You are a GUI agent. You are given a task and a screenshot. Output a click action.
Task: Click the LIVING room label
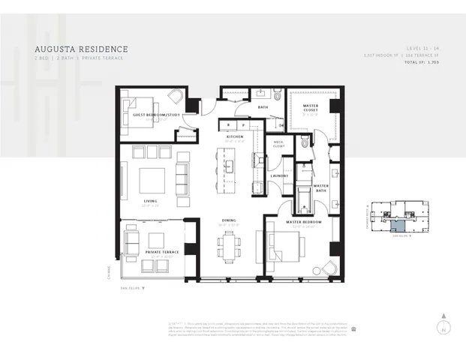(150, 201)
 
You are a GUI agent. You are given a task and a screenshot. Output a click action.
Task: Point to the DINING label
(229, 220)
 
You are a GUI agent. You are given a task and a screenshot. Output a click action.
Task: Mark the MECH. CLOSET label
(278, 145)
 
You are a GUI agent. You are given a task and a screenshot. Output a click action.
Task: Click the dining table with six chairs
(230, 247)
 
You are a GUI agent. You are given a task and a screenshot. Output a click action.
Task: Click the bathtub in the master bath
(302, 200)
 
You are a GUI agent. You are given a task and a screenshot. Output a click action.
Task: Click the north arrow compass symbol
(444, 325)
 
